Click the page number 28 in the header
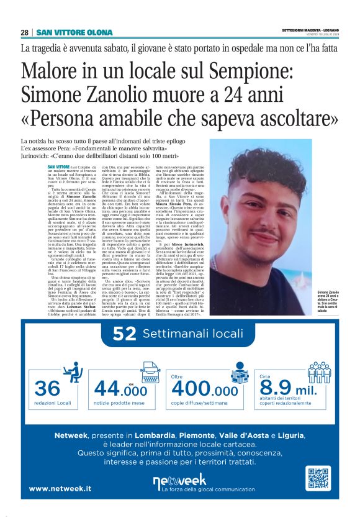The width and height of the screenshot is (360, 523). (x=25, y=32)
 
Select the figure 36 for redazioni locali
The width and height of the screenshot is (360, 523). (x=47, y=388)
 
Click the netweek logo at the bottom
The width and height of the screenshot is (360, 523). (x=180, y=481)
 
